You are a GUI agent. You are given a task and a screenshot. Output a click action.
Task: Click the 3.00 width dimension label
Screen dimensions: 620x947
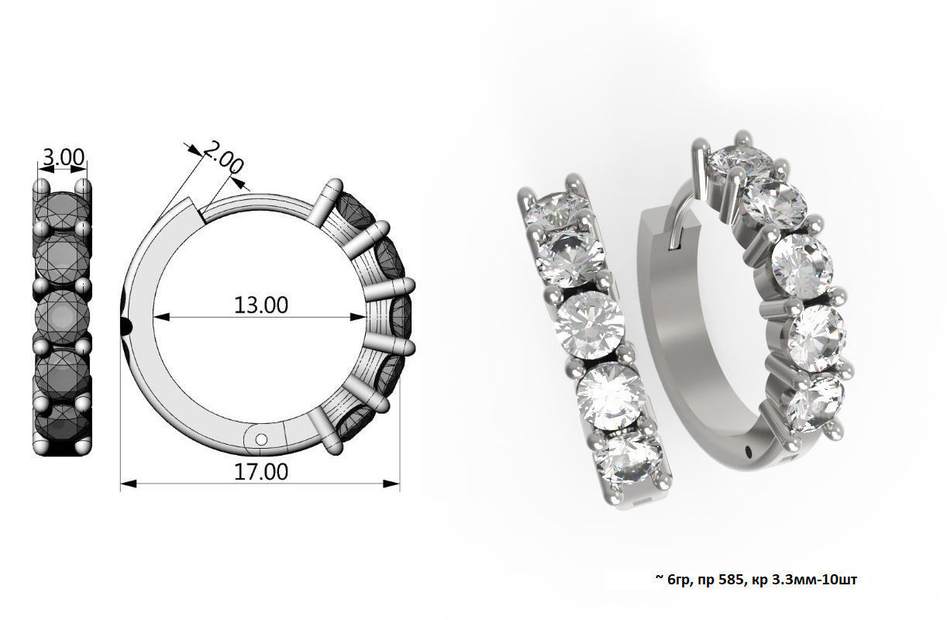pyautogui.click(x=63, y=157)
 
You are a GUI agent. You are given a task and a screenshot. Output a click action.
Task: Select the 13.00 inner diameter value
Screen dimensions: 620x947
pyautogui.click(x=261, y=305)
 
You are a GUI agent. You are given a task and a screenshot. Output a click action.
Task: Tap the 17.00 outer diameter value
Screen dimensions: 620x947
pyautogui.click(x=261, y=471)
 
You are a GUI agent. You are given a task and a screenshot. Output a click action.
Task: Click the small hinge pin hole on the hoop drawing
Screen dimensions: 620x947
pyautogui.click(x=260, y=439)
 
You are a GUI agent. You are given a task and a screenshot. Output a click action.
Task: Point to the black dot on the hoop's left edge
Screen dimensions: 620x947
pyautogui.click(x=127, y=325)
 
